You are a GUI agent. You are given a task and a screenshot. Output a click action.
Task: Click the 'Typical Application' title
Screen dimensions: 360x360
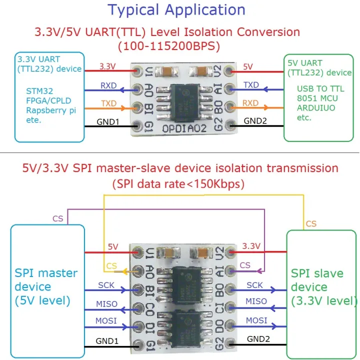tap(176, 9)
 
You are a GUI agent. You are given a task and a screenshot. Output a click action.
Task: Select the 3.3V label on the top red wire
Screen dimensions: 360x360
tap(107, 65)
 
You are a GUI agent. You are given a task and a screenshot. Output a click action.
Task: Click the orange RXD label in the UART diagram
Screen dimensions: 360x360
tap(250, 103)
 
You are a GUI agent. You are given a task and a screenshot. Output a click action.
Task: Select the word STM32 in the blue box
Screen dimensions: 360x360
tap(39, 91)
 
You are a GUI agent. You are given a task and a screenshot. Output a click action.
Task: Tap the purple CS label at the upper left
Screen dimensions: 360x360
tap(58, 218)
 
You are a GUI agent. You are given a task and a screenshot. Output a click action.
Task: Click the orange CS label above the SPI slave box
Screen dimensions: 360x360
tap(311, 223)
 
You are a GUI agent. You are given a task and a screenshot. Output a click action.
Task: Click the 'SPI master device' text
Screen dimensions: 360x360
tap(46, 287)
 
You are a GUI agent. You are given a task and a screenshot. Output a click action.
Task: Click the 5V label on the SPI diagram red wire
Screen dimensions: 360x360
tap(113, 246)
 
